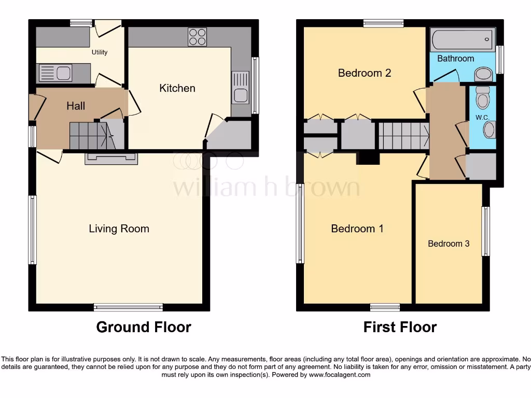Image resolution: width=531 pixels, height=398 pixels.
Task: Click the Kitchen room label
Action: point(177,89)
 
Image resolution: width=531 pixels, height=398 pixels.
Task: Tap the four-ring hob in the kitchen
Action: point(197,37)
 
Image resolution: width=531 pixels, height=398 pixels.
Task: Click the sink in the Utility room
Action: point(55,73)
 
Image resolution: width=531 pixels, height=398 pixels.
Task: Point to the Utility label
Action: point(100,52)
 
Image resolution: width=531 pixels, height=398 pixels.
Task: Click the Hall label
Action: point(76,106)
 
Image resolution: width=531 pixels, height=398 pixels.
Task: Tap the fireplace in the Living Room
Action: point(111,159)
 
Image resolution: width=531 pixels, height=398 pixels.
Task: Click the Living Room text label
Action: point(119,229)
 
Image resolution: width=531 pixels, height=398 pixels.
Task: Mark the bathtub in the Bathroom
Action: point(461,39)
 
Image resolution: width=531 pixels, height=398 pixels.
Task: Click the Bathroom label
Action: point(455,59)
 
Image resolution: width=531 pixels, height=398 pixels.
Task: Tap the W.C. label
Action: point(482,118)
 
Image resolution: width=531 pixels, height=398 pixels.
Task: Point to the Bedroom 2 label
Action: point(364,73)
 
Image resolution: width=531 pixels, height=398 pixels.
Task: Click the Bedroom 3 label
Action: point(449,244)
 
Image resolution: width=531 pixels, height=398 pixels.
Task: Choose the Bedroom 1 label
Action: point(357,229)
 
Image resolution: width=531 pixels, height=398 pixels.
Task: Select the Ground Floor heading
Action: point(144,327)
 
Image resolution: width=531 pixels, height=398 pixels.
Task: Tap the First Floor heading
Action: point(400,327)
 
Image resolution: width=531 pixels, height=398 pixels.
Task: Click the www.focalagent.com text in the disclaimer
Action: point(340,375)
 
